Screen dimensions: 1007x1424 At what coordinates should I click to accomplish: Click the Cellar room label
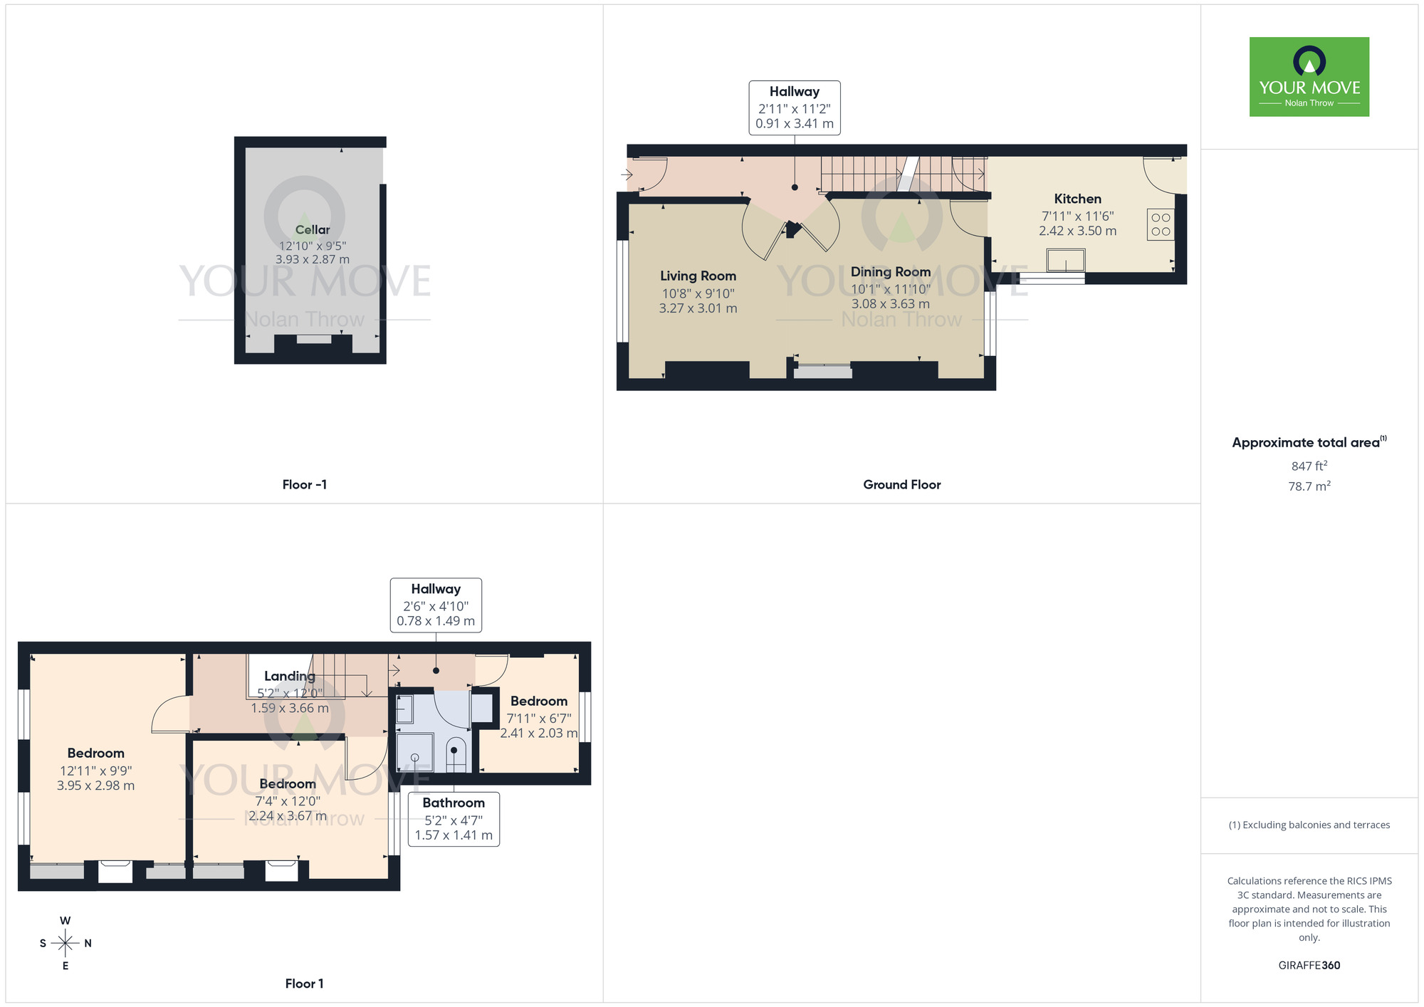(x=313, y=230)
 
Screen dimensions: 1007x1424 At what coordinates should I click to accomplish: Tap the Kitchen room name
(x=1077, y=199)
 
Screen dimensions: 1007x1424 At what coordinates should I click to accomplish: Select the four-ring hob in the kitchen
(x=1161, y=224)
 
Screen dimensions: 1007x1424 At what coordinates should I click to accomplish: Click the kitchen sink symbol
(x=1066, y=261)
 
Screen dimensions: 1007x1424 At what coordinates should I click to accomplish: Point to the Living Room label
(x=698, y=276)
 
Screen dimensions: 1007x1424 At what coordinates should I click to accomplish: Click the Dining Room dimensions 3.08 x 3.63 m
(x=891, y=304)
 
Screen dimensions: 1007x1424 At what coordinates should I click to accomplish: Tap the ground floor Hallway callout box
(x=795, y=108)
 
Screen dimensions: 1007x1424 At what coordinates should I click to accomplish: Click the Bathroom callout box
(x=454, y=819)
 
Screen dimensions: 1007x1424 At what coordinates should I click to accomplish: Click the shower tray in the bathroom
(x=415, y=753)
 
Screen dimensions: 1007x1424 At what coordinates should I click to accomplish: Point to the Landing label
(x=289, y=677)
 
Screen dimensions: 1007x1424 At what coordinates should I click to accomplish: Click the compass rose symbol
(x=66, y=944)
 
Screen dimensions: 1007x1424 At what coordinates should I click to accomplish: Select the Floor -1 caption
(x=305, y=485)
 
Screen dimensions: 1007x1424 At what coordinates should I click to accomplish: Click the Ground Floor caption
(x=901, y=485)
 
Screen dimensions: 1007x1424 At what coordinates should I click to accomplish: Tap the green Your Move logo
(x=1309, y=77)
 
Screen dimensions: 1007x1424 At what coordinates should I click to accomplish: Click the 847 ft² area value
(x=1309, y=466)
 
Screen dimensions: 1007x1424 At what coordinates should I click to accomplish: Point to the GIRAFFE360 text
(x=1309, y=966)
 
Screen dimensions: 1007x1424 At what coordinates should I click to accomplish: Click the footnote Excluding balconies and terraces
(x=1309, y=825)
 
